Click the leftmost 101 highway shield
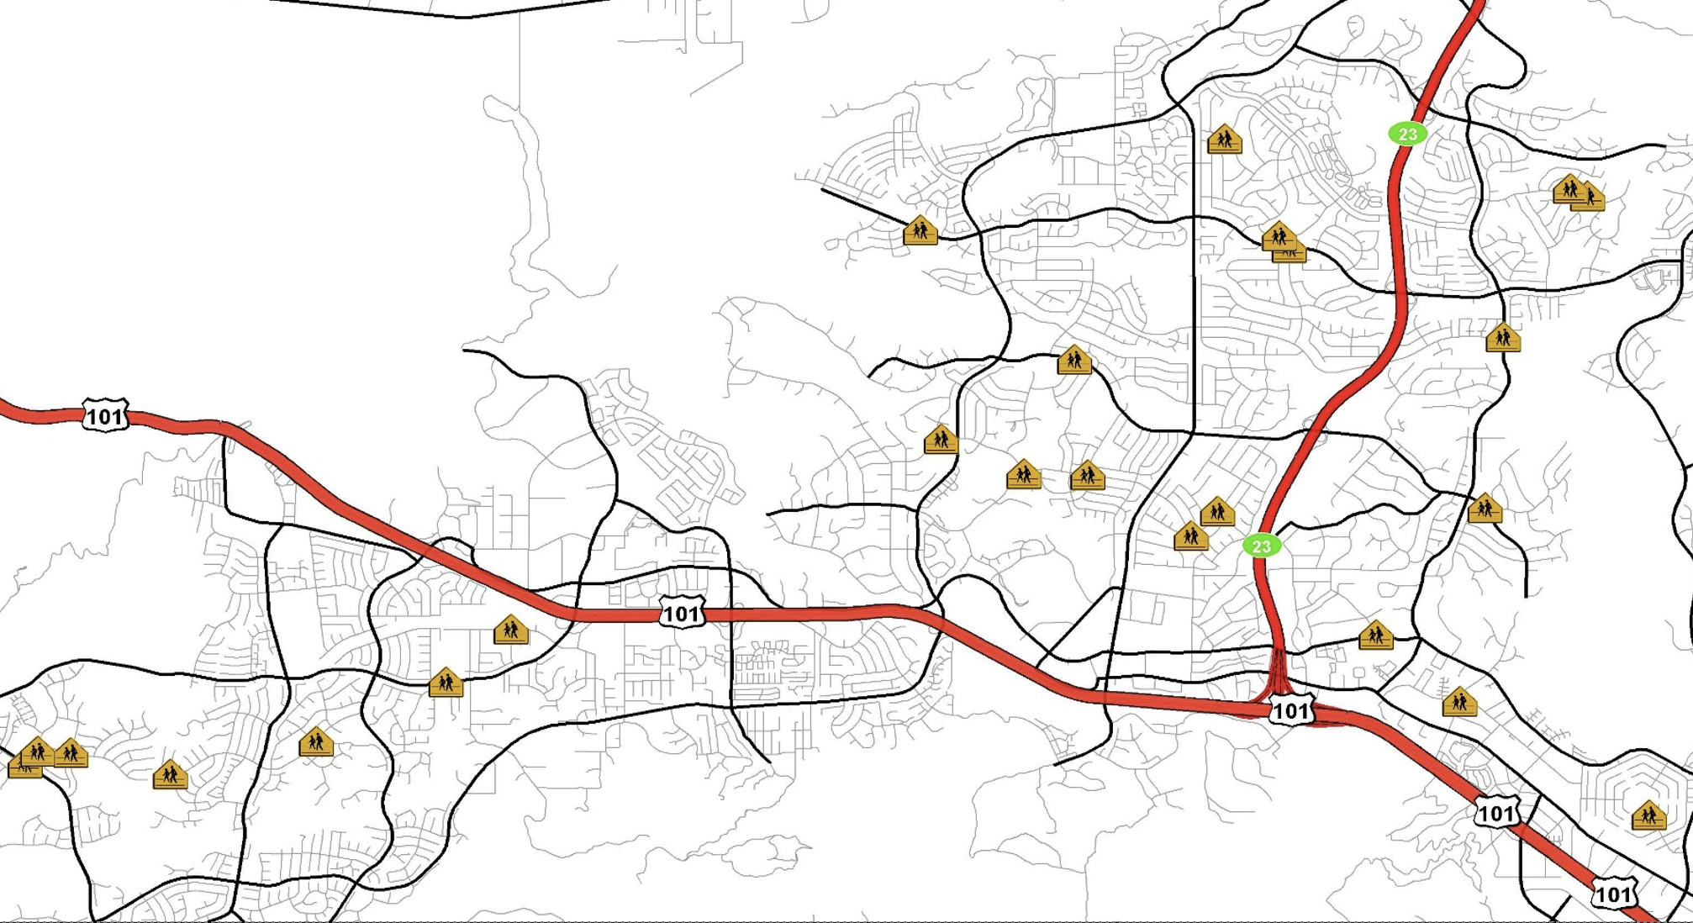click(x=105, y=415)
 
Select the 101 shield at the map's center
click(x=681, y=613)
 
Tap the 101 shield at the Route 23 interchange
click(x=1291, y=710)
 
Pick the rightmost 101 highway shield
click(x=1614, y=894)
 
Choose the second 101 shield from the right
click(x=1497, y=813)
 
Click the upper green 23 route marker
click(x=1407, y=134)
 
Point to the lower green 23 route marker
click(x=1261, y=546)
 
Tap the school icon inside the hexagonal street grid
click(x=1648, y=815)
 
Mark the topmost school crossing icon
click(x=1224, y=140)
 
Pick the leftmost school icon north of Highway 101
click(x=920, y=230)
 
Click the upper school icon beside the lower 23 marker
click(x=1217, y=511)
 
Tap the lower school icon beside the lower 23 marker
click(x=1190, y=535)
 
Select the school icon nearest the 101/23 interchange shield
click(x=1375, y=635)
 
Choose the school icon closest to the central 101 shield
click(x=510, y=630)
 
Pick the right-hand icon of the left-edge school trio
click(x=71, y=752)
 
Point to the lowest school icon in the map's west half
click(x=170, y=774)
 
